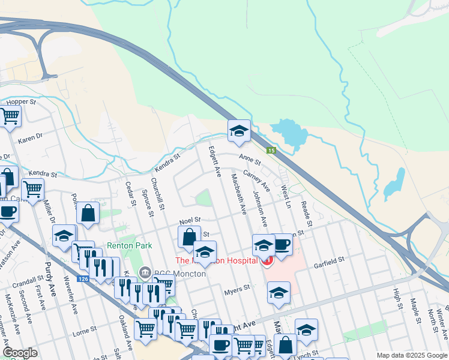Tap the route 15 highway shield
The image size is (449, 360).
click(x=271, y=150)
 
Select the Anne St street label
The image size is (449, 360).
click(x=250, y=160)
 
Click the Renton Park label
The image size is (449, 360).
click(x=129, y=245)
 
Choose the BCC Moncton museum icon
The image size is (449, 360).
click(x=145, y=273)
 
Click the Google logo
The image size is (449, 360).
click(x=20, y=353)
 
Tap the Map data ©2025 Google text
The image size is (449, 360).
click(x=411, y=355)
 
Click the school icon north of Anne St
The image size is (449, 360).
click(x=238, y=131)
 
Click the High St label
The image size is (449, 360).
click(x=397, y=298)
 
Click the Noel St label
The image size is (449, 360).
click(x=189, y=220)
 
